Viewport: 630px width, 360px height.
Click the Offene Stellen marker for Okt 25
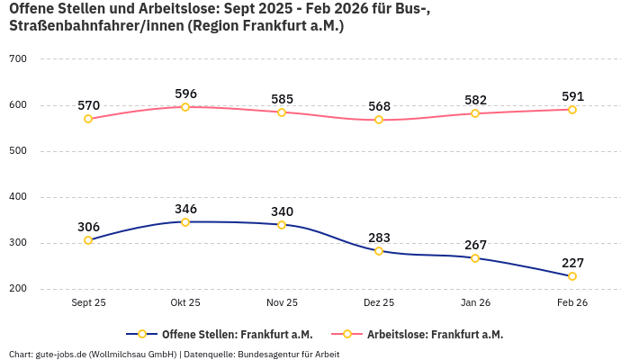[x=185, y=221]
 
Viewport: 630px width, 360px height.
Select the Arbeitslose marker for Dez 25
[x=379, y=120]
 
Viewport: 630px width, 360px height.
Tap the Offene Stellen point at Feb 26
[x=572, y=276]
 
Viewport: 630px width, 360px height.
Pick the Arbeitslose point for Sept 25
[x=88, y=119]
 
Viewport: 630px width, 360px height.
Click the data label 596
[x=185, y=94]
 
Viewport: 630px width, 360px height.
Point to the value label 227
[x=572, y=263]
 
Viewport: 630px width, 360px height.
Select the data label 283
[x=379, y=238]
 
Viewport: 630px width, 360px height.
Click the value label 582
[x=475, y=100]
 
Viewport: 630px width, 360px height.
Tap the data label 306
[x=88, y=227]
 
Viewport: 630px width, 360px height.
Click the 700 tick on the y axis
[x=18, y=59]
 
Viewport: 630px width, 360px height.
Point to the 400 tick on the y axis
[x=18, y=197]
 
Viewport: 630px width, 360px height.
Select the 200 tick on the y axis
[x=18, y=289]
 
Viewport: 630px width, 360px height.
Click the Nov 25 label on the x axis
[x=282, y=303]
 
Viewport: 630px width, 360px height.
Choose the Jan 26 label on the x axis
[x=475, y=303]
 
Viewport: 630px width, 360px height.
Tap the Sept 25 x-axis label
[x=88, y=303]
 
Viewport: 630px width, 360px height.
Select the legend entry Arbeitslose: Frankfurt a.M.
[x=434, y=334]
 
